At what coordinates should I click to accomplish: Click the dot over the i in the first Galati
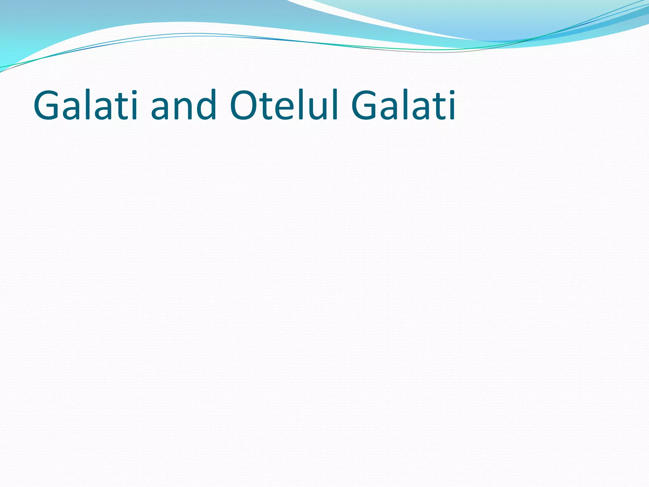point(133,93)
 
